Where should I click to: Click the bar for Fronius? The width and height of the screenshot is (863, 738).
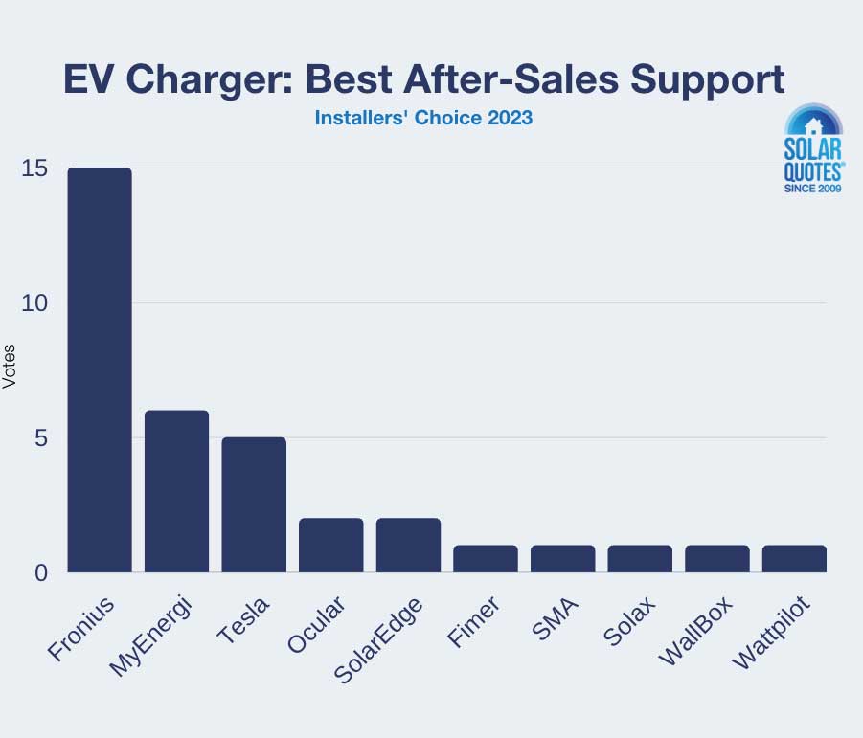tap(100, 369)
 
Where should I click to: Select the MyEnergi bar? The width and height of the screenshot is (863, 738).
tap(176, 491)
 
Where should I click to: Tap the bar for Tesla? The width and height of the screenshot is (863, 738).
tap(254, 504)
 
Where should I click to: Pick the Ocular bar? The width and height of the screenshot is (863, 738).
tap(330, 545)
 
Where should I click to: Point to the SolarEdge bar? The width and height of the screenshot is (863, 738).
tap(408, 545)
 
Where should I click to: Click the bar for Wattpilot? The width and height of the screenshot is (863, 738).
tap(794, 558)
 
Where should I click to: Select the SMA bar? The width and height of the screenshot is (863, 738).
tap(562, 558)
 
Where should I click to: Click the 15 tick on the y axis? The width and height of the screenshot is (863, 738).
tap(34, 168)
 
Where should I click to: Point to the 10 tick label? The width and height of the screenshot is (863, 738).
tap(34, 303)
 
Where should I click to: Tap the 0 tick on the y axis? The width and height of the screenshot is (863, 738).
tap(40, 572)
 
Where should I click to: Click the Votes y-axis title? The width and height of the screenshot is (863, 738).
tap(10, 366)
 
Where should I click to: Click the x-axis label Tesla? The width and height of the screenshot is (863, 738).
tap(244, 620)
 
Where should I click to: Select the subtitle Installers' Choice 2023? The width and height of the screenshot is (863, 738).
tap(423, 120)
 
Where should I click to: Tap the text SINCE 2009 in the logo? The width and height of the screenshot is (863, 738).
tap(813, 190)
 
